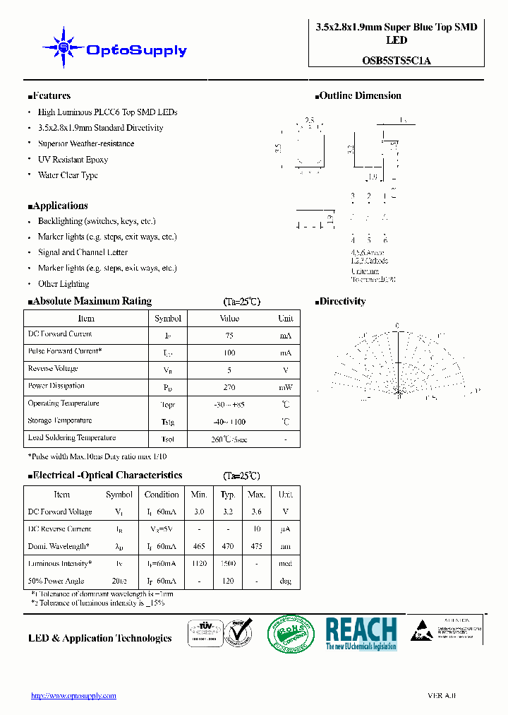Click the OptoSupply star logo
[64, 47]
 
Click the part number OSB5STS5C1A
[397, 60]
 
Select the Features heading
[51, 96]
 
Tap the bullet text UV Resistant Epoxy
[73, 160]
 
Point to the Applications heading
[59, 206]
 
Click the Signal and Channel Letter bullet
[83, 252]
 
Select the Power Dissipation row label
[56, 386]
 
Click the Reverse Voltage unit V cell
[285, 370]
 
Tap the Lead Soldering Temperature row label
[71, 438]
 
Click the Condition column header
[162, 495]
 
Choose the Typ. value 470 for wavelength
[228, 546]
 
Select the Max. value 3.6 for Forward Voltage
[257, 512]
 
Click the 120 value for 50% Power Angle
[228, 581]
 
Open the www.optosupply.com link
[73, 696]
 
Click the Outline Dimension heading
[359, 96]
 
